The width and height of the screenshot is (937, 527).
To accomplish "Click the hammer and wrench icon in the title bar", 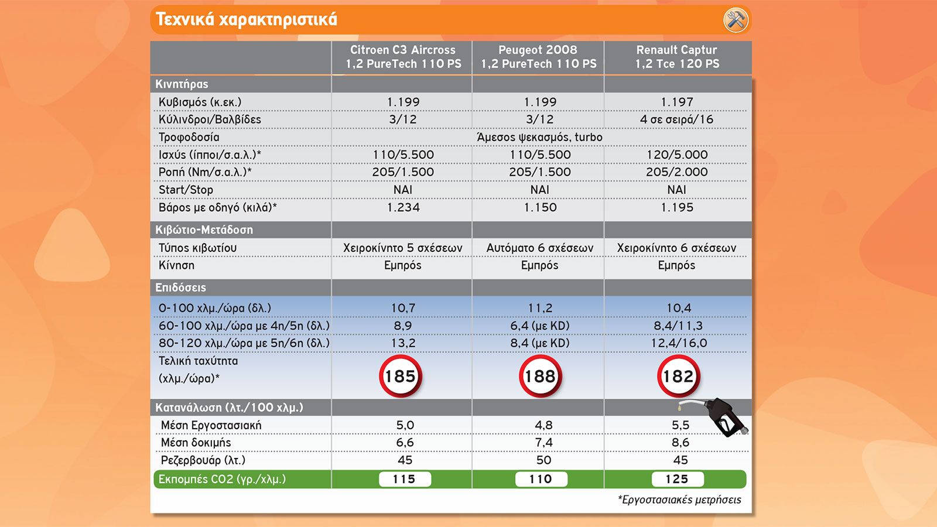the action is (x=736, y=20).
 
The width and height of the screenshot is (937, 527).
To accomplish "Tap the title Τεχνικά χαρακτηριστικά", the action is (x=246, y=20).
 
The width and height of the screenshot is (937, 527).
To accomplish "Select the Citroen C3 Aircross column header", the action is (x=403, y=57).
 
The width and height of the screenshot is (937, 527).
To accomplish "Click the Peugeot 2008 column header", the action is (x=538, y=57).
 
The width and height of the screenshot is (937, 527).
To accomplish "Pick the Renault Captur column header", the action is (x=677, y=57).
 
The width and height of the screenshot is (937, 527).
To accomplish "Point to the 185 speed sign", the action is (x=401, y=376).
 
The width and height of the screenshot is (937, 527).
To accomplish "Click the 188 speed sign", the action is (x=540, y=376).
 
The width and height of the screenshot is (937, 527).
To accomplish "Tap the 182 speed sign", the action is (x=678, y=376).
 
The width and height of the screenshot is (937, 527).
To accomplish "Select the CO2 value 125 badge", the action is (x=677, y=480).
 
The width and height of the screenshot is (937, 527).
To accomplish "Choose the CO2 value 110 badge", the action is (x=541, y=480).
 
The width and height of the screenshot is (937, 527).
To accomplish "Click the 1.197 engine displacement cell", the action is (x=677, y=102).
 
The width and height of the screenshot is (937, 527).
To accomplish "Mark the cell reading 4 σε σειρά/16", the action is (x=676, y=119).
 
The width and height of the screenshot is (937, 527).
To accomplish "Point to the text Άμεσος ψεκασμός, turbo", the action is (x=539, y=137).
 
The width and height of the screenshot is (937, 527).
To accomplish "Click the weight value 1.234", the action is (x=403, y=207).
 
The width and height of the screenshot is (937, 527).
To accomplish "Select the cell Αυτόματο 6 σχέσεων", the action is (x=539, y=248).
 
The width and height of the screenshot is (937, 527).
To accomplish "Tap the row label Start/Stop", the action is (x=186, y=190).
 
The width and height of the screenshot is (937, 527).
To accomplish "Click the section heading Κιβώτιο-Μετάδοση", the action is (x=204, y=230).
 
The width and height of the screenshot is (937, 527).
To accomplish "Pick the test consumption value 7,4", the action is (x=544, y=443).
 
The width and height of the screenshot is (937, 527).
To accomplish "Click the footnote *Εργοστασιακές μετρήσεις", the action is (x=679, y=500).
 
